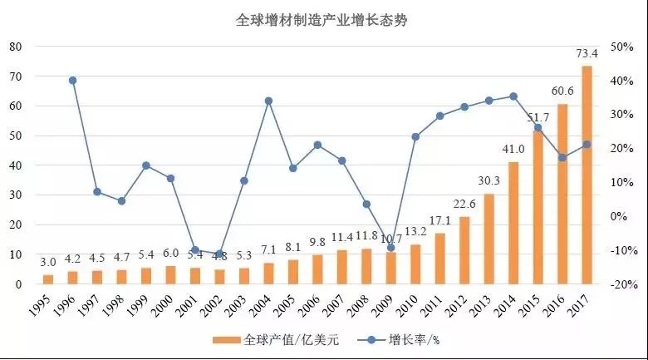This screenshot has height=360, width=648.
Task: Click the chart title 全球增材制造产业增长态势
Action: [x=323, y=19]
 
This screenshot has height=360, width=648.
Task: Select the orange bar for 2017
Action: [x=587, y=175]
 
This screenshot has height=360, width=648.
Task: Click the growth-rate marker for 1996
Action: [x=72, y=81]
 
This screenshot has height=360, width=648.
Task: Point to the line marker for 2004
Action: [x=268, y=101]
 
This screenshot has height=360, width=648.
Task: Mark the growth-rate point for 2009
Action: [x=390, y=247]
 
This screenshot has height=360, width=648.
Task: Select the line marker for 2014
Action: [x=513, y=96]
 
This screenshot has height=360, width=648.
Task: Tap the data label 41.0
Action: [x=513, y=150]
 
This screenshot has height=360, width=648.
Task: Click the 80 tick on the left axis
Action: [x=14, y=47]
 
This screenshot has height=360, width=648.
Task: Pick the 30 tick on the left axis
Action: [x=14, y=195]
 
